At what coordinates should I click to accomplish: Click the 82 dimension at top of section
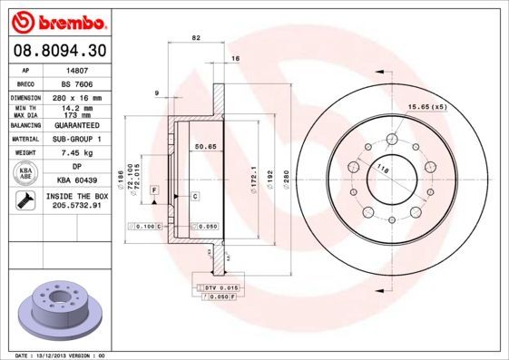(x=196, y=37)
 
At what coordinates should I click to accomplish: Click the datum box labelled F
(x=155, y=188)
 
